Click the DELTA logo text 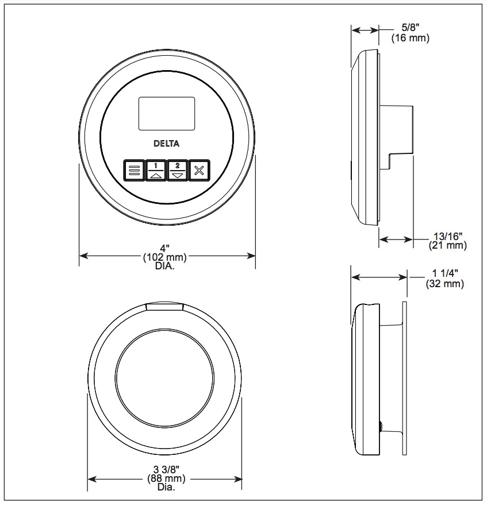pyautogui.click(x=166, y=143)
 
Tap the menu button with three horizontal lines pyautogui.click(x=134, y=171)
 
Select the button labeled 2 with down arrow pyautogui.click(x=178, y=171)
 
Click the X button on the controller pyautogui.click(x=199, y=171)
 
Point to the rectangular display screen pyautogui.click(x=167, y=114)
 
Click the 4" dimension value pyautogui.click(x=165, y=248)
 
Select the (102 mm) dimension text pyautogui.click(x=165, y=257)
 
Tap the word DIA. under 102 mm pyautogui.click(x=165, y=266)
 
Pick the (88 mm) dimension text pyautogui.click(x=166, y=478)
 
